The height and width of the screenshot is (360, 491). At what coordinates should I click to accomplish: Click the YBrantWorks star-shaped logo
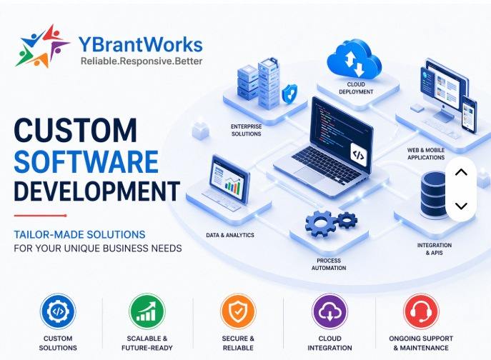[x=42, y=46]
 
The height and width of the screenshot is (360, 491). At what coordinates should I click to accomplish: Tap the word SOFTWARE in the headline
[x=86, y=161]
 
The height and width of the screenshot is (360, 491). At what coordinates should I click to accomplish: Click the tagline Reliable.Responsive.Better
[x=142, y=61]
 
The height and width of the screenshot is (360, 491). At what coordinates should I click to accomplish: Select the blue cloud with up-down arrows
[x=354, y=59]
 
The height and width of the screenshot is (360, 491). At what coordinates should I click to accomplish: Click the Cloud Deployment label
[x=356, y=88]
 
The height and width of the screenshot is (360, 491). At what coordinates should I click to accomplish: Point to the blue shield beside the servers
[x=289, y=94]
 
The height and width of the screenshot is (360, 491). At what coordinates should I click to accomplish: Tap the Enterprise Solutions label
[x=246, y=130]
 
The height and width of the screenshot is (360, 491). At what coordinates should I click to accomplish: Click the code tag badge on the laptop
[x=359, y=155]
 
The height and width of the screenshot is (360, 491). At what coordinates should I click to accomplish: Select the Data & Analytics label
[x=230, y=235]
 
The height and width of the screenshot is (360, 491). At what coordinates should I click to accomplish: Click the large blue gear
[x=321, y=224]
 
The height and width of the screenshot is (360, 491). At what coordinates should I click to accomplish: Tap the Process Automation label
[x=329, y=264]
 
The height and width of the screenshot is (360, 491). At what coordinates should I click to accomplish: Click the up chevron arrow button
[x=461, y=172]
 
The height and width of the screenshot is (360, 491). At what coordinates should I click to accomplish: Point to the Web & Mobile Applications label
[x=426, y=154]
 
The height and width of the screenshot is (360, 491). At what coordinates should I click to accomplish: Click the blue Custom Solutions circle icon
[x=58, y=311]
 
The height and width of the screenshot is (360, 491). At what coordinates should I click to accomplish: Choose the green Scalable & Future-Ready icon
[x=147, y=311]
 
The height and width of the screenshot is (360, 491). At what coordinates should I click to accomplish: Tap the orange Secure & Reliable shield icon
[x=238, y=311]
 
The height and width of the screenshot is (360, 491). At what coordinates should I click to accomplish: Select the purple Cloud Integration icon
[x=329, y=311]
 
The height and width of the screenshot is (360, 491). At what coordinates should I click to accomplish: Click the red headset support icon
[x=421, y=311]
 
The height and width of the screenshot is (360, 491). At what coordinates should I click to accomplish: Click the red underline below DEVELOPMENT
[x=41, y=216]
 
